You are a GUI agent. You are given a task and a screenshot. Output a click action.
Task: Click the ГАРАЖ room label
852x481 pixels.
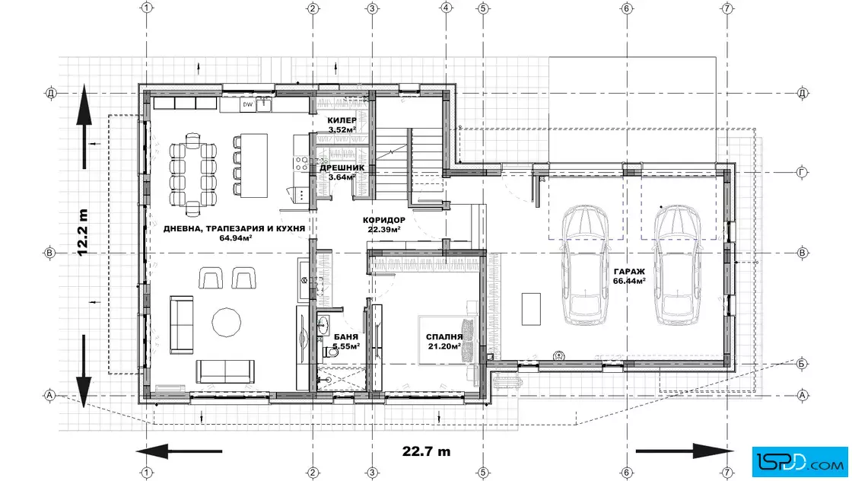point(629,272)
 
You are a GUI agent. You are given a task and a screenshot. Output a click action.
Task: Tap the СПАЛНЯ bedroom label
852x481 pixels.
point(444,337)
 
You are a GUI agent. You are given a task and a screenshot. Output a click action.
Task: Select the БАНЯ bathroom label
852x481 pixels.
point(346,337)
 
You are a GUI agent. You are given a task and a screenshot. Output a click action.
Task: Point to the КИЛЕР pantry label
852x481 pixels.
point(342,120)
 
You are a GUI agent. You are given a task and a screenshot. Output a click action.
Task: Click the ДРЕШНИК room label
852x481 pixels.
point(342,168)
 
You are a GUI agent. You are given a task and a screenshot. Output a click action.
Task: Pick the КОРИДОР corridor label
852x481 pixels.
point(384,220)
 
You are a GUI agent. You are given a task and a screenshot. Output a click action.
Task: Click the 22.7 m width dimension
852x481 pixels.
point(426,451)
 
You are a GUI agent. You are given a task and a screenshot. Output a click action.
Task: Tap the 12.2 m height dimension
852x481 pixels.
point(82,233)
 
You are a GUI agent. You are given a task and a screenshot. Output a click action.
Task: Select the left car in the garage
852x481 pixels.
point(585,265)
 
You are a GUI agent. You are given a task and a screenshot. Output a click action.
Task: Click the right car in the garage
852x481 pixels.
point(677,265)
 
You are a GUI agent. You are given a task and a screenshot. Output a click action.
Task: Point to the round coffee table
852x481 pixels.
point(226,323)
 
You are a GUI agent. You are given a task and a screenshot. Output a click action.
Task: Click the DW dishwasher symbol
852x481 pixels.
point(248,104)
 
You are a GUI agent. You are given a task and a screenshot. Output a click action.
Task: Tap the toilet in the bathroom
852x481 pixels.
point(330,352)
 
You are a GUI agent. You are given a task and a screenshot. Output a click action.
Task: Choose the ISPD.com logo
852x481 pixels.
point(800,462)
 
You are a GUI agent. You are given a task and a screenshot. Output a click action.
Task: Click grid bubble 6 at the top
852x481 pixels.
point(627,8)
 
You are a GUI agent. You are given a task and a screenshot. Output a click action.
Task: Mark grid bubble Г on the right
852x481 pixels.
point(802,172)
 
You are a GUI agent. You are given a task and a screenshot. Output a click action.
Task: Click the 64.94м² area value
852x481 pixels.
point(235,237)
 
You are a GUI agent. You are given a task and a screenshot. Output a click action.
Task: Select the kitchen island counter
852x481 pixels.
point(255,166)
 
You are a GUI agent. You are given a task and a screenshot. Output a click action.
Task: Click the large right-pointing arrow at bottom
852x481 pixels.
point(684,451)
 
